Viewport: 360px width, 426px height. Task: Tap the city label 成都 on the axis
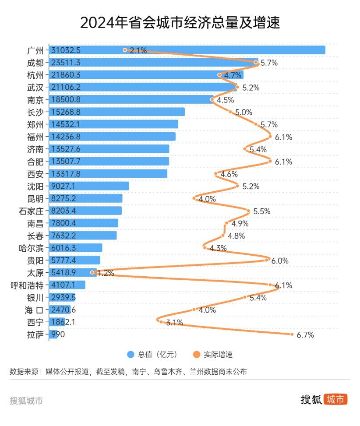coord(35,62)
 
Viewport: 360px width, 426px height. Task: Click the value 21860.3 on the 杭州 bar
coord(66,75)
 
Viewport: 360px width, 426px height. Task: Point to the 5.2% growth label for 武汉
coord(251,88)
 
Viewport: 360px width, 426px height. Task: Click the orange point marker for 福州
coord(271,137)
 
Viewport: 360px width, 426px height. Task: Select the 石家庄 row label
coord(31,211)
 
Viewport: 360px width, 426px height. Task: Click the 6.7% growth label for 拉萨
coord(305,335)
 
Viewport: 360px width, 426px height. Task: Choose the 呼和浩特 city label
coord(27,285)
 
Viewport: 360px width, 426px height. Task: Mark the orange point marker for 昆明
coord(194,198)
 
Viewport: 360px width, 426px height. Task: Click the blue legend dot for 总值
coord(130,354)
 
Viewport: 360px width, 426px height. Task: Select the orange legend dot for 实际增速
coord(196,354)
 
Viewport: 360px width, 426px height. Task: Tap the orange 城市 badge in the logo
coord(335,399)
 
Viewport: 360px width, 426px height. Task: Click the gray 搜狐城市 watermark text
coord(26,400)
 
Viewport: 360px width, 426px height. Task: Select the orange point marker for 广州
coord(125,50)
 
